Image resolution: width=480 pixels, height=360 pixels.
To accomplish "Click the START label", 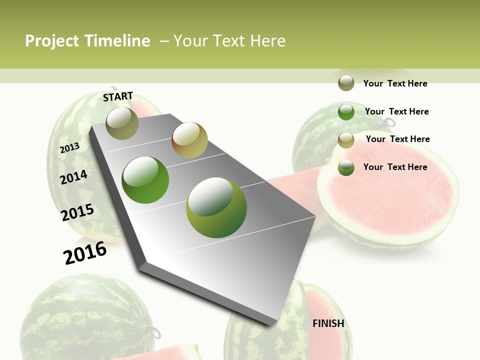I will (x=118, y=96).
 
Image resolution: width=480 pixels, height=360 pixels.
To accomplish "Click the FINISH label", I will (x=328, y=323).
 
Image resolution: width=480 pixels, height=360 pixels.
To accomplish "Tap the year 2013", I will (x=69, y=148).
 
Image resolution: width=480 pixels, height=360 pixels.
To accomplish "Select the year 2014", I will (x=73, y=177).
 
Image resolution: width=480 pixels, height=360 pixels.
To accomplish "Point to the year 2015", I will (x=77, y=212).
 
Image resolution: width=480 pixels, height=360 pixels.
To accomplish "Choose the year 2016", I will (x=85, y=252).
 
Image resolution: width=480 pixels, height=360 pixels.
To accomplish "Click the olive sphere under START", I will (x=122, y=123).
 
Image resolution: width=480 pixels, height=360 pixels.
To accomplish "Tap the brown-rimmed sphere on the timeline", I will (x=189, y=140).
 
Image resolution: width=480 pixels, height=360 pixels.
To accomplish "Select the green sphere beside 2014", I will (x=145, y=180).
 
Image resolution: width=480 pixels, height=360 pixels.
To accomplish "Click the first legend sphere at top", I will (x=346, y=83).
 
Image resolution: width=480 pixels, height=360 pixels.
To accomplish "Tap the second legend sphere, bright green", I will (x=346, y=111).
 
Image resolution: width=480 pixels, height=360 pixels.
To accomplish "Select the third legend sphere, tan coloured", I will (x=346, y=139).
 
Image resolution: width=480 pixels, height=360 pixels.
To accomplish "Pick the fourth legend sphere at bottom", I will (x=346, y=167).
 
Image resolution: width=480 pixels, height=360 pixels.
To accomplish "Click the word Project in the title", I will (x=52, y=41).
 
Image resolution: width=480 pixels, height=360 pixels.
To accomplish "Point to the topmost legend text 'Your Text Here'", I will (x=395, y=83).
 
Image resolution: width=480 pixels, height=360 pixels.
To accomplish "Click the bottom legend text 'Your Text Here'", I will (x=395, y=167).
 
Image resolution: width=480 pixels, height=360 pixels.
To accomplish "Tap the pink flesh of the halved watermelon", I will (x=390, y=197).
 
